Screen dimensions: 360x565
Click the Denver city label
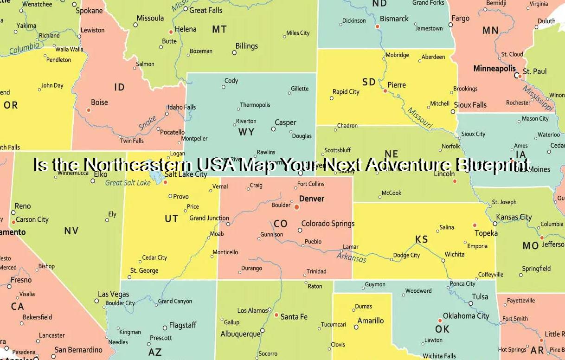coord(311,199)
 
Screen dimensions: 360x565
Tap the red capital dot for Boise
coord(89,110)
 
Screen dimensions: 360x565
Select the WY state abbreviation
coord(246,132)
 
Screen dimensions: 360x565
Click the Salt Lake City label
coord(186,174)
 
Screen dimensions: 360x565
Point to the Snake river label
coord(148,123)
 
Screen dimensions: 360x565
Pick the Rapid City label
coord(346,92)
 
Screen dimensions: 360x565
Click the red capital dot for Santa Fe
coord(276,315)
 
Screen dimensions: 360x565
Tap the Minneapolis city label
coord(494,69)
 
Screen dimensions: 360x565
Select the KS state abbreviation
coord(422,239)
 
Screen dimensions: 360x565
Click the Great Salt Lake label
coord(128,183)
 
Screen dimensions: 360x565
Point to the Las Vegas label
coord(114,294)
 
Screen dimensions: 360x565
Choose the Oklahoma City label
coord(466,316)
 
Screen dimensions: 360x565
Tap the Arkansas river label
coord(351,257)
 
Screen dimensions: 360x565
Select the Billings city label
coord(247,46)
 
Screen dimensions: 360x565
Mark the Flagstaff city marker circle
coord(165,328)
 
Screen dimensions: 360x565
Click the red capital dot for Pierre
coord(385,91)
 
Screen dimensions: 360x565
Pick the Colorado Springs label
coord(328,224)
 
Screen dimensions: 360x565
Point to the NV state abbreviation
coord(71,231)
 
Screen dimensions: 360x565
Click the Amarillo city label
coord(371,321)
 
